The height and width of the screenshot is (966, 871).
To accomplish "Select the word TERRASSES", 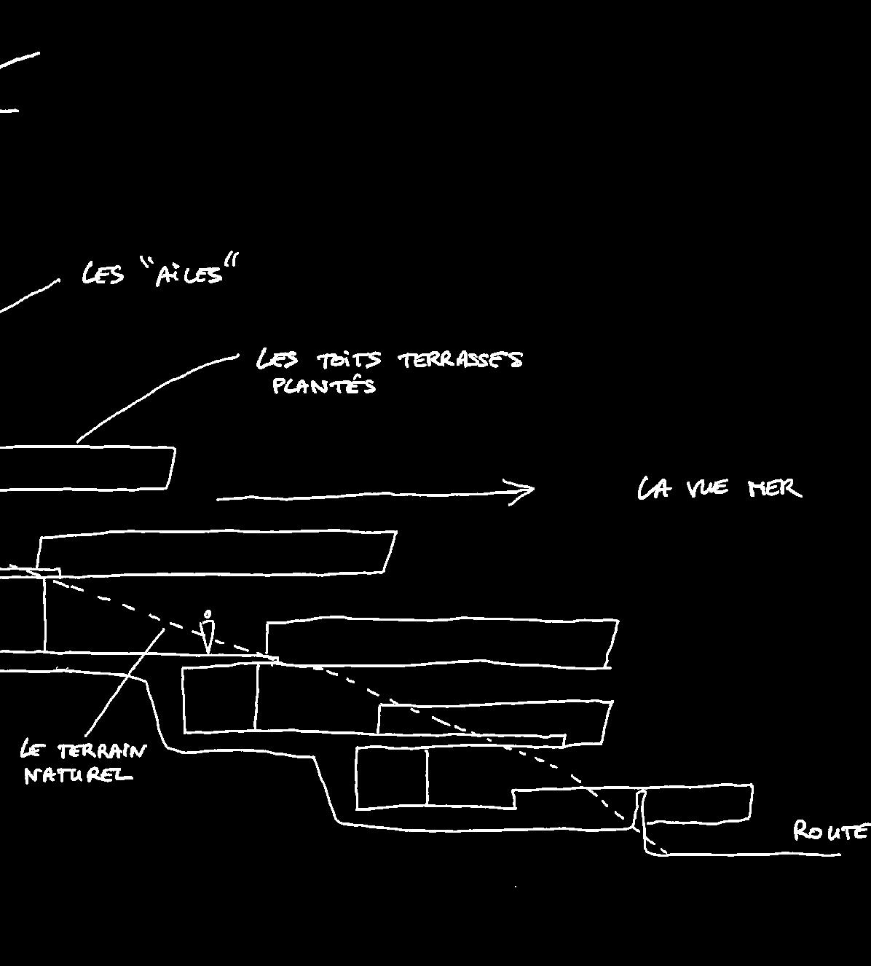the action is [x=460, y=359].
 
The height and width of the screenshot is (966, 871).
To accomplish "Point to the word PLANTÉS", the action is [x=324, y=386].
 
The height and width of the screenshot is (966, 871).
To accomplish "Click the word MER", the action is [x=775, y=488].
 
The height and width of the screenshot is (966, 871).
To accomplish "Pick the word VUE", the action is [x=707, y=488].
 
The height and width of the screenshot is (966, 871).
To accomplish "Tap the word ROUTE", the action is [x=830, y=830].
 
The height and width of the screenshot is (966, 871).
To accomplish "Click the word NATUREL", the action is [x=78, y=775].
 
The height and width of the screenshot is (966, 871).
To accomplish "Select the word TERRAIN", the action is [x=101, y=751].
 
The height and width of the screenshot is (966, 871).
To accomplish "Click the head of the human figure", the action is [x=208, y=614].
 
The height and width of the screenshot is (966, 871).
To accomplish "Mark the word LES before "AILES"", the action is [x=103, y=275].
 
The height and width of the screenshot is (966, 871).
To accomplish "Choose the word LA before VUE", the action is [x=653, y=488].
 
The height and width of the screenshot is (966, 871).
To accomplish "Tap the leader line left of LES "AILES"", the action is [x=29, y=297].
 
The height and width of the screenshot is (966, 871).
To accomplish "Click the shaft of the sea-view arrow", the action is [x=364, y=496].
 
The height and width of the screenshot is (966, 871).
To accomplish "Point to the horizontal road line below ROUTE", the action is [x=750, y=854].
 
